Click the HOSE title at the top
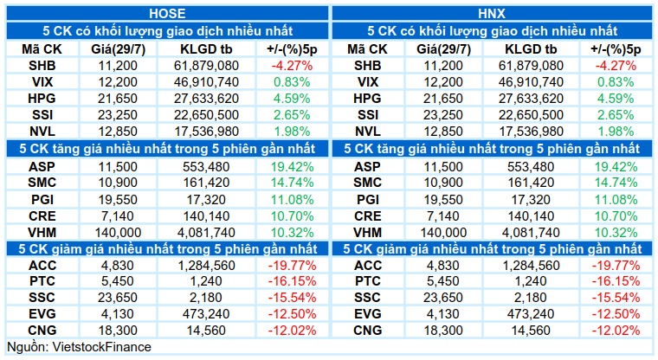pyautogui.click(x=167, y=14)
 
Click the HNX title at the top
pyautogui.click(x=492, y=14)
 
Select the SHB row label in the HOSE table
pyautogui.click(x=42, y=66)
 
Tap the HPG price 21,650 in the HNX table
pyautogui.click(x=443, y=98)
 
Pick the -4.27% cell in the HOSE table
pyautogui.click(x=292, y=66)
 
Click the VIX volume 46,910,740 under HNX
pyautogui.click(x=531, y=82)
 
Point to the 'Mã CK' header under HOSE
pyautogui.click(x=42, y=49)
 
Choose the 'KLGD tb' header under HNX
pyautogui.click(x=531, y=49)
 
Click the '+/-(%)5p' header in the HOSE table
pyautogui.click(x=292, y=49)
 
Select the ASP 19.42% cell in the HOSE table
pyautogui.click(x=292, y=166)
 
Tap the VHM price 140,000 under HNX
pyautogui.click(x=443, y=232)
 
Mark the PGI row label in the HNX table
pyautogui.click(x=368, y=199)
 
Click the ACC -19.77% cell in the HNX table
pyautogui.click(x=616, y=265)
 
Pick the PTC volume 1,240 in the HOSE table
pyautogui.click(x=206, y=281)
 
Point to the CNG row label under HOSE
pyautogui.click(x=42, y=331)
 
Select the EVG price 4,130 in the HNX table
pyautogui.click(x=443, y=314)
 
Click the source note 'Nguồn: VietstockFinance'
pyautogui.click(x=79, y=347)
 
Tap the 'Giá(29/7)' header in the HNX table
pyautogui.click(x=443, y=49)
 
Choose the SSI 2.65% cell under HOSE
pyautogui.click(x=292, y=114)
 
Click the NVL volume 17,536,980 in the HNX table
pyautogui.click(x=531, y=131)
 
